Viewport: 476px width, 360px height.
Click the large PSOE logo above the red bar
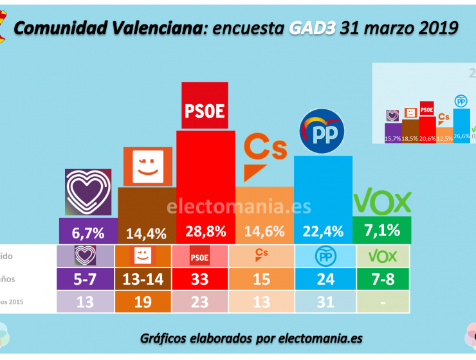click(205, 107)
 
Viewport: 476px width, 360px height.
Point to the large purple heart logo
click(88, 192)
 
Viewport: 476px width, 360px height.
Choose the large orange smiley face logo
click(147, 165)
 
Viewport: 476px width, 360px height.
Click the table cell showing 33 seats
click(205, 279)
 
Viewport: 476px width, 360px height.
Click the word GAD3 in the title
click(312, 27)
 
